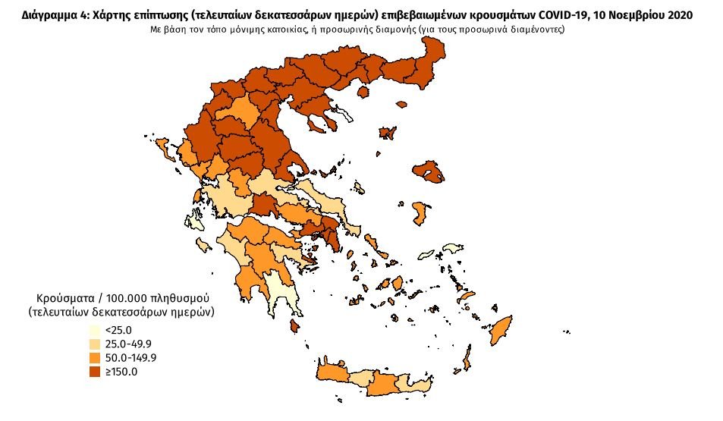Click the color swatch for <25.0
click(94, 331)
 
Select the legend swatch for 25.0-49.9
click(94, 344)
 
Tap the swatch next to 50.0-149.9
click(94, 358)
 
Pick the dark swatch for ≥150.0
click(94, 372)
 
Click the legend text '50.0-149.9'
click(130, 358)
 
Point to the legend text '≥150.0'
click(121, 372)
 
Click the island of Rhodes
click(501, 331)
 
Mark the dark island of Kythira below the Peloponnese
click(294, 327)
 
